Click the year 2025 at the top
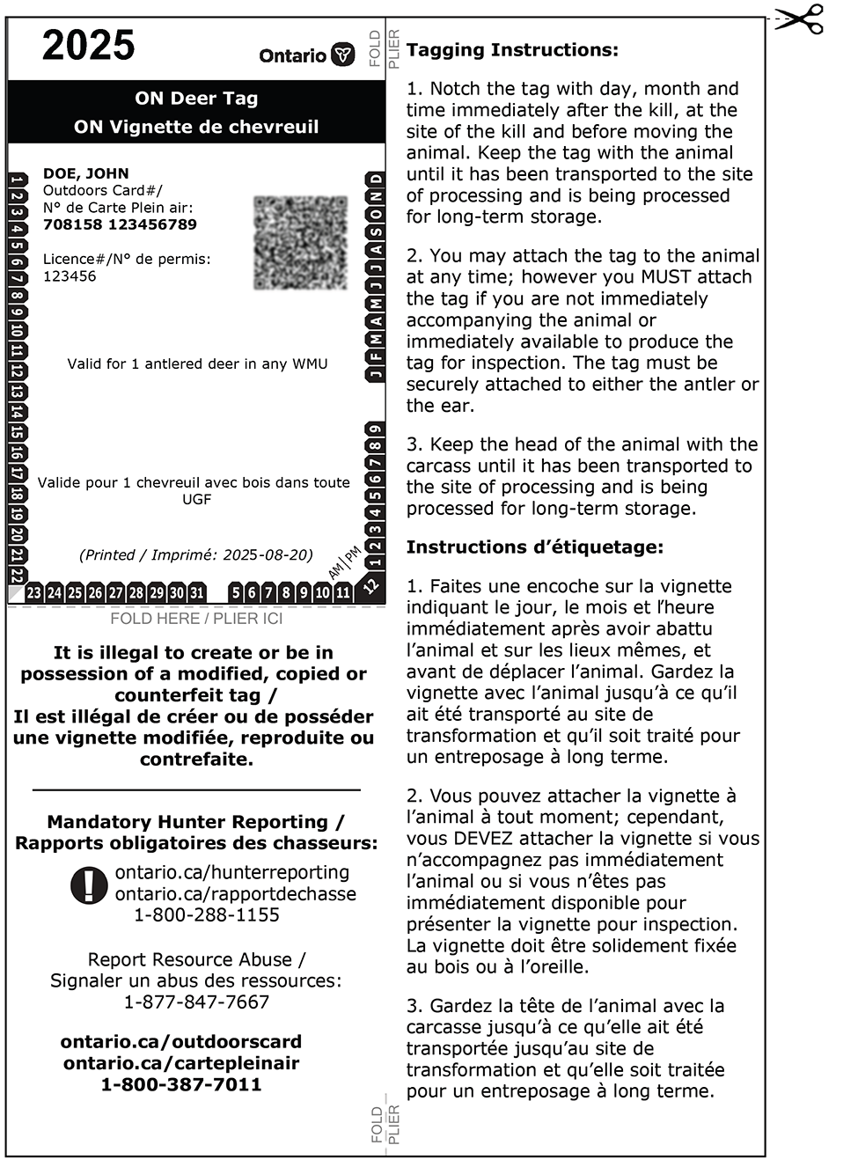[89, 46]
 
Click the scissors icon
[801, 19]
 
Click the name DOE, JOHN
[86, 173]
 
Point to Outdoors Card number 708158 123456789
[120, 224]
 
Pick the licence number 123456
[70, 276]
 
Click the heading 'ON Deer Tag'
[196, 99]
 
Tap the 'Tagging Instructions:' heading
[512, 50]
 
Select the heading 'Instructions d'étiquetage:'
[534, 547]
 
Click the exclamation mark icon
[89, 884]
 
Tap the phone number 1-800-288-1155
[207, 915]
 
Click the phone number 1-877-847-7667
[196, 1002]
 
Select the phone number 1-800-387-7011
[181, 1084]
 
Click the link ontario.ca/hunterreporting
[232, 872]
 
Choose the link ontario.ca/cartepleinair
[181, 1063]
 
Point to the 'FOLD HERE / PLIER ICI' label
[196, 619]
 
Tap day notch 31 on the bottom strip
[197, 593]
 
